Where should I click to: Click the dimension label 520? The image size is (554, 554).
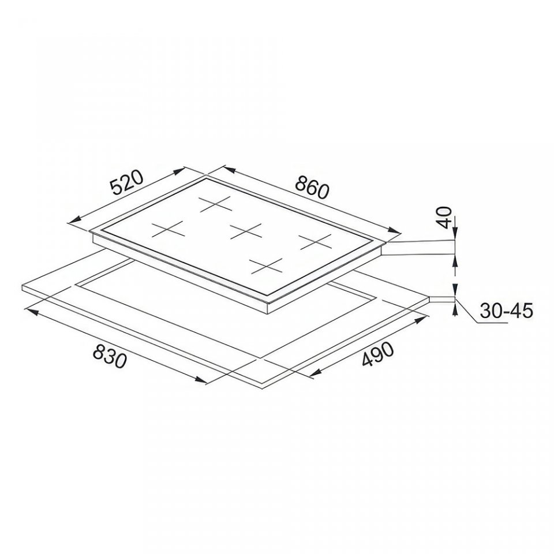point(126,183)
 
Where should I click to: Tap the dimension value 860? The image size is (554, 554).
point(312,186)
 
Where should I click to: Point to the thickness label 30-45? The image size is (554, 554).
point(506,312)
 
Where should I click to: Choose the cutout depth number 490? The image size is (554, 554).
point(377,355)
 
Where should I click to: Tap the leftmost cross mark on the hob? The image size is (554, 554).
point(169,229)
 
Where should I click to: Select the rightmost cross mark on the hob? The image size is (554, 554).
point(315,241)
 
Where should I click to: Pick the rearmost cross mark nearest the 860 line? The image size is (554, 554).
point(215,204)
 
